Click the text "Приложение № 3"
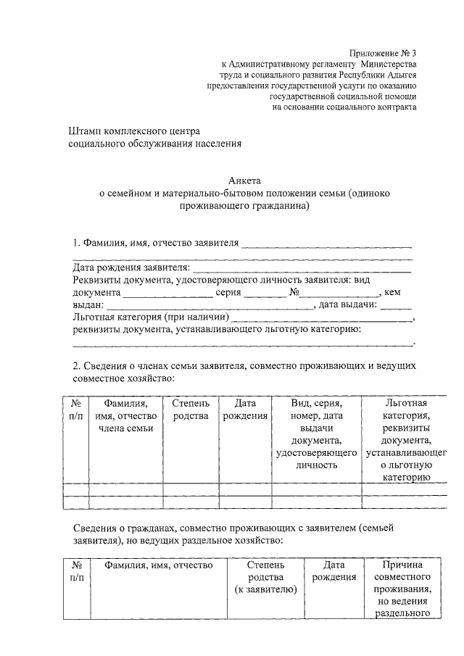(x=384, y=53)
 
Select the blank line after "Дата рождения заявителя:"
(x=302, y=268)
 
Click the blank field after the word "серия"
(x=260, y=294)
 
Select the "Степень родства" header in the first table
(x=191, y=410)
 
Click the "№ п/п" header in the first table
(x=76, y=410)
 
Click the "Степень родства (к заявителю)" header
(x=265, y=577)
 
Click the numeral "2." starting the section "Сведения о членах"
(x=78, y=366)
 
